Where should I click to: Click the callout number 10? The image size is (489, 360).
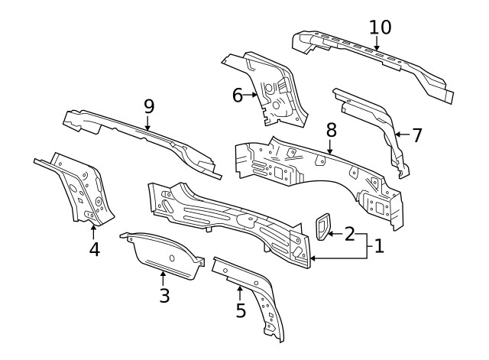[x=380, y=28]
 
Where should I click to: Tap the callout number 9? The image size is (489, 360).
[x=148, y=106]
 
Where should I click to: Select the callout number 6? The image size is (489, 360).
[x=237, y=96]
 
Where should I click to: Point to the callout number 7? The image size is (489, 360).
[x=416, y=135]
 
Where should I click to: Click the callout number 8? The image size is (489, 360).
[x=330, y=129]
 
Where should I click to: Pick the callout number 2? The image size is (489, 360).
[x=348, y=234]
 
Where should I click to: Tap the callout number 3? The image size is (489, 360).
[x=164, y=295]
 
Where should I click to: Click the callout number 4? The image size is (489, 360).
[x=94, y=249]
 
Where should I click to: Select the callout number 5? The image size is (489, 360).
[x=241, y=310]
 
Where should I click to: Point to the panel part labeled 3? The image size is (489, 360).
[x=164, y=252]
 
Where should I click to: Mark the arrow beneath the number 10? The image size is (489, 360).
[x=377, y=44]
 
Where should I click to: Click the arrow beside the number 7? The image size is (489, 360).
[x=401, y=135]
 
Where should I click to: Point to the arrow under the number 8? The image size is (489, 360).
[x=329, y=147]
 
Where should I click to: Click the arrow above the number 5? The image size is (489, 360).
[x=240, y=292]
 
